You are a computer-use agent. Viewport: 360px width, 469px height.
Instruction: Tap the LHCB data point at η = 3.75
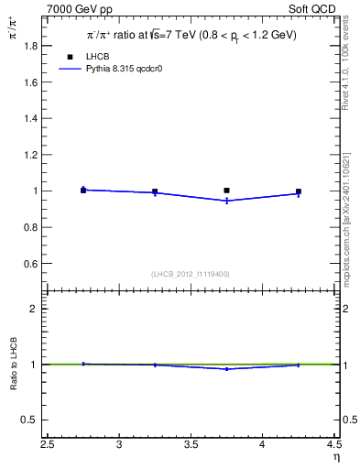(x=226, y=191)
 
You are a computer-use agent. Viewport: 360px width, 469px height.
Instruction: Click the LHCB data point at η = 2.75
(x=83, y=191)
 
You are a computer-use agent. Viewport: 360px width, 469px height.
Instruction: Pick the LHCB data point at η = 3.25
(x=155, y=191)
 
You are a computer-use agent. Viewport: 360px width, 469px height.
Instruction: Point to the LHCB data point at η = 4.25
(x=299, y=191)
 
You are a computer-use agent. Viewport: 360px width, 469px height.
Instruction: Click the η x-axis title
(x=335, y=457)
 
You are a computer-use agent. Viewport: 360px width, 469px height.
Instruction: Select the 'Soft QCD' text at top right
(x=313, y=10)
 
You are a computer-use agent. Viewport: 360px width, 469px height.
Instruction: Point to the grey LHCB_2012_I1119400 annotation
(x=191, y=274)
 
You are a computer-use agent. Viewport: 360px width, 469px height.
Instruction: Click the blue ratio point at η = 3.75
(x=226, y=369)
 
